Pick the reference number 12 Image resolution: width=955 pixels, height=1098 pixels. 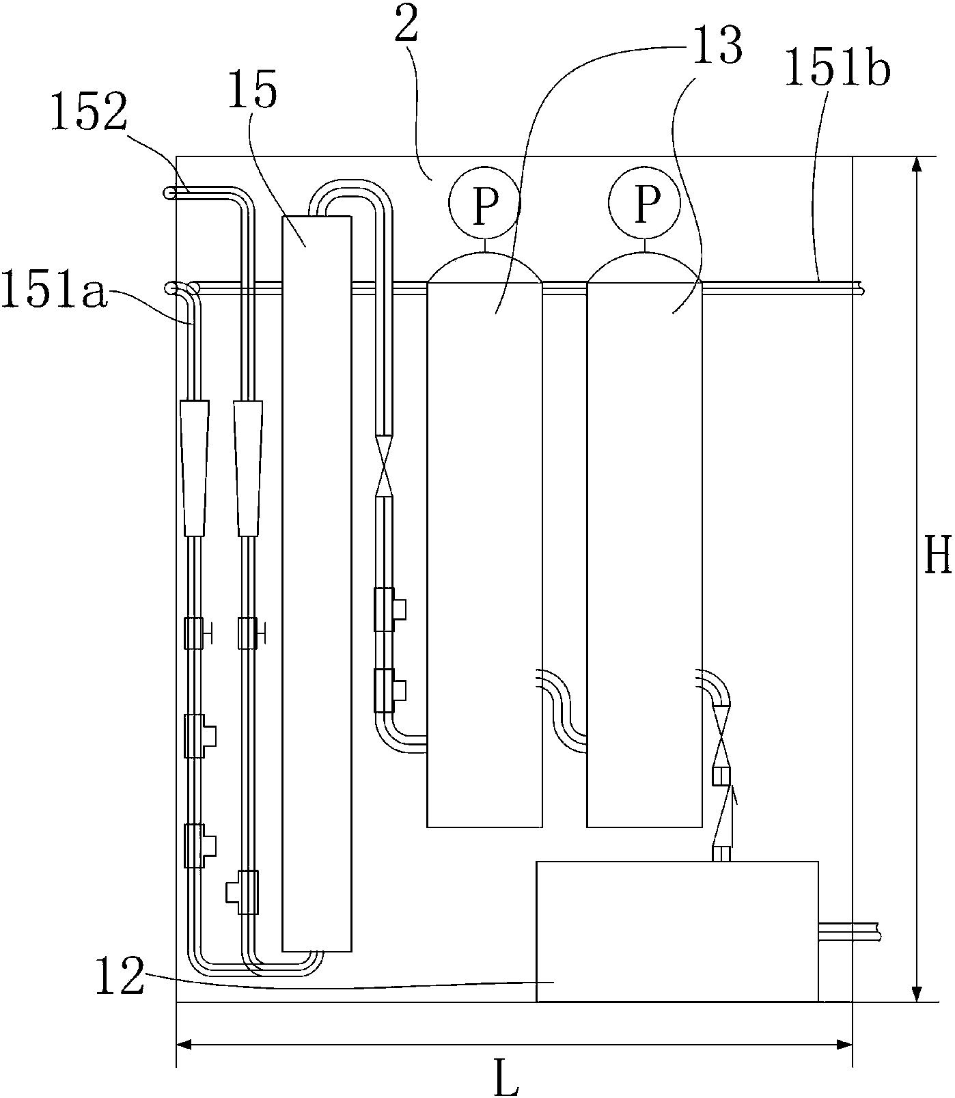(120, 975)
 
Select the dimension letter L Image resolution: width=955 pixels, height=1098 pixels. (506, 1079)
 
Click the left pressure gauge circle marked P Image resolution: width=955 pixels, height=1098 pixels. (484, 202)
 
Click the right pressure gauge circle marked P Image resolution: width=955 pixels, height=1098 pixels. (645, 202)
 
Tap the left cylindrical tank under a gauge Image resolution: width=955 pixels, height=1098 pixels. (484, 547)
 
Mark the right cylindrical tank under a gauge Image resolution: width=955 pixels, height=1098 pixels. (644, 547)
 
